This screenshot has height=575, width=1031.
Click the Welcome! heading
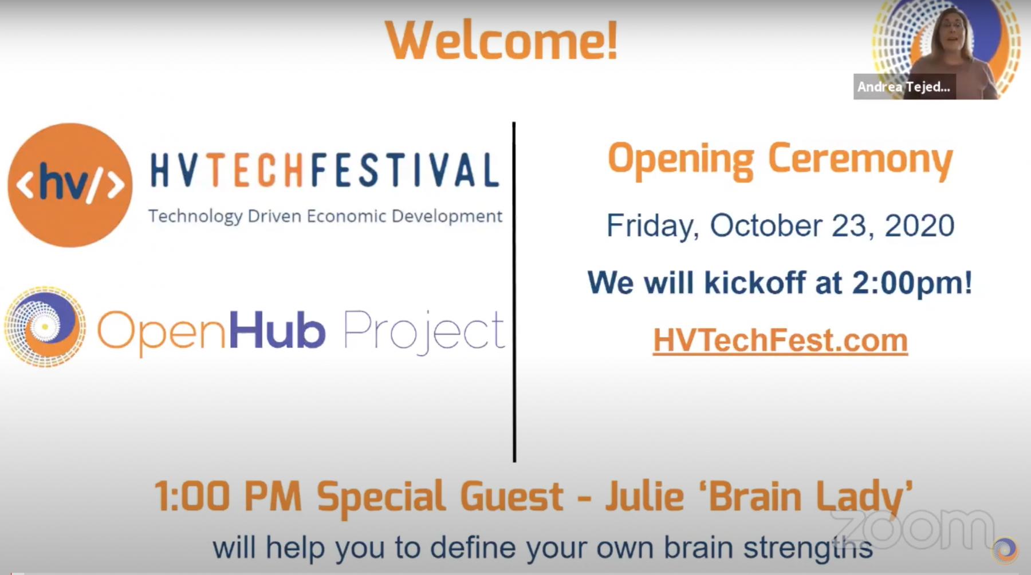click(x=502, y=41)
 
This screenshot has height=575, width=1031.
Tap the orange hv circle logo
click(x=70, y=185)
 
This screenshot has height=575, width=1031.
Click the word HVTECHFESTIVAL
click(x=325, y=170)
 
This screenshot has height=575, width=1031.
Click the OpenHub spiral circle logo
click(x=45, y=327)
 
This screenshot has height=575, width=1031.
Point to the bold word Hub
click(x=277, y=330)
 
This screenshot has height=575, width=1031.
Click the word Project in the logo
click(x=424, y=332)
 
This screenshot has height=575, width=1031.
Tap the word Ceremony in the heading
click(x=860, y=160)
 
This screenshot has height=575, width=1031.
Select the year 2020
click(x=919, y=225)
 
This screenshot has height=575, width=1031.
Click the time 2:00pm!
click(x=912, y=283)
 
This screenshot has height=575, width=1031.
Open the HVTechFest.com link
click(x=780, y=340)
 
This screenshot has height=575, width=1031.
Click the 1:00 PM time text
click(x=228, y=496)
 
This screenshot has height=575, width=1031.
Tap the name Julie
click(x=644, y=496)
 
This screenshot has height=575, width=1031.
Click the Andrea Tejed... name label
click(x=904, y=87)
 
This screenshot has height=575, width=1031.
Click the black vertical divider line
click(x=514, y=292)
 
